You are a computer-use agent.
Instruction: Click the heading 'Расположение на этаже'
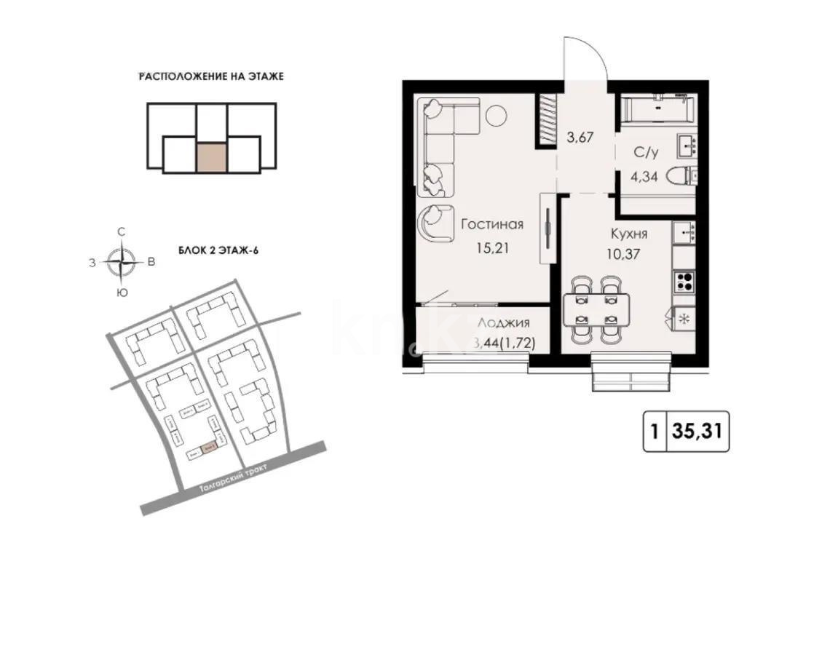210,76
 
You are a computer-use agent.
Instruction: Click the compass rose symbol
122,261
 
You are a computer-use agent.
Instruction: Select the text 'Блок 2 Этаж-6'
218,250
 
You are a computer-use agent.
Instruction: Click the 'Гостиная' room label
491,224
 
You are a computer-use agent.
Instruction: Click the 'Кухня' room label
628,234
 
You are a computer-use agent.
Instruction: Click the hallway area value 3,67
581,137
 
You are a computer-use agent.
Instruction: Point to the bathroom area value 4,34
646,175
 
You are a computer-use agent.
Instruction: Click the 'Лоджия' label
503,324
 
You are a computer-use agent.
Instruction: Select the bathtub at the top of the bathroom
657,108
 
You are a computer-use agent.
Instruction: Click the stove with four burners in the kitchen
684,280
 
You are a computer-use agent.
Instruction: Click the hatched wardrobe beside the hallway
547,121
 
